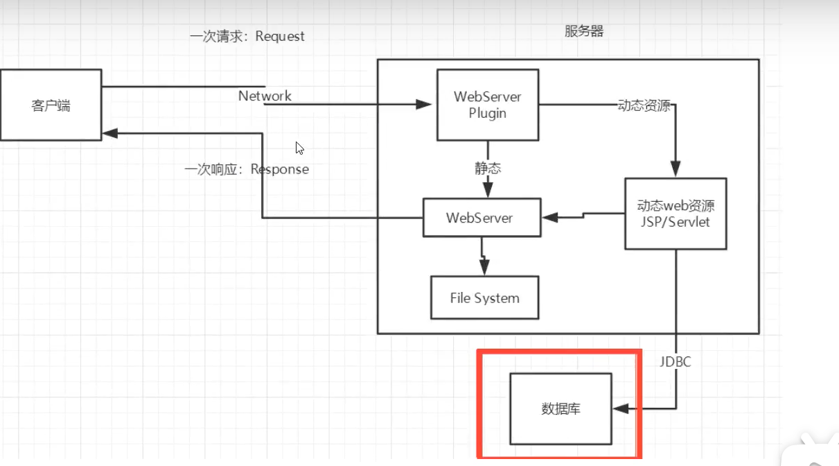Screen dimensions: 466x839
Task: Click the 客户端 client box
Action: tap(51, 105)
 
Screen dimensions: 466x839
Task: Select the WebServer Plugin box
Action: tap(488, 105)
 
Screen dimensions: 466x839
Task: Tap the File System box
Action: tap(484, 298)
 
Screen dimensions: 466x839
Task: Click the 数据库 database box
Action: tap(560, 408)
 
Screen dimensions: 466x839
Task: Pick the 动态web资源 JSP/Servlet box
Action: tap(675, 214)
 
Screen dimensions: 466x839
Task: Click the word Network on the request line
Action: tap(265, 96)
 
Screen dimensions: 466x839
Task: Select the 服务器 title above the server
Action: tap(584, 32)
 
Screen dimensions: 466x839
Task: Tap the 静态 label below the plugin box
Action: tap(488, 168)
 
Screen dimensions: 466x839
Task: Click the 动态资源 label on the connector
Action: tap(644, 105)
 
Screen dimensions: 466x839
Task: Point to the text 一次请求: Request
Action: tap(247, 36)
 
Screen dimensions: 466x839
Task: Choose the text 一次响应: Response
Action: tap(247, 169)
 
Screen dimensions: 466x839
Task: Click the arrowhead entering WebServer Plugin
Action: tap(425, 105)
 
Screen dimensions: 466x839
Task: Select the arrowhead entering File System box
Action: tap(484, 268)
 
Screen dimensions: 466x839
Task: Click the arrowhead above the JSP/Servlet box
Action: tap(675, 169)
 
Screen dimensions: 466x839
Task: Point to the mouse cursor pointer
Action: tap(299, 148)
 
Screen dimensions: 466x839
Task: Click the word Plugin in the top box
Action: tap(487, 114)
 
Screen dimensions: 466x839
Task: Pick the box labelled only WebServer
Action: tap(479, 218)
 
